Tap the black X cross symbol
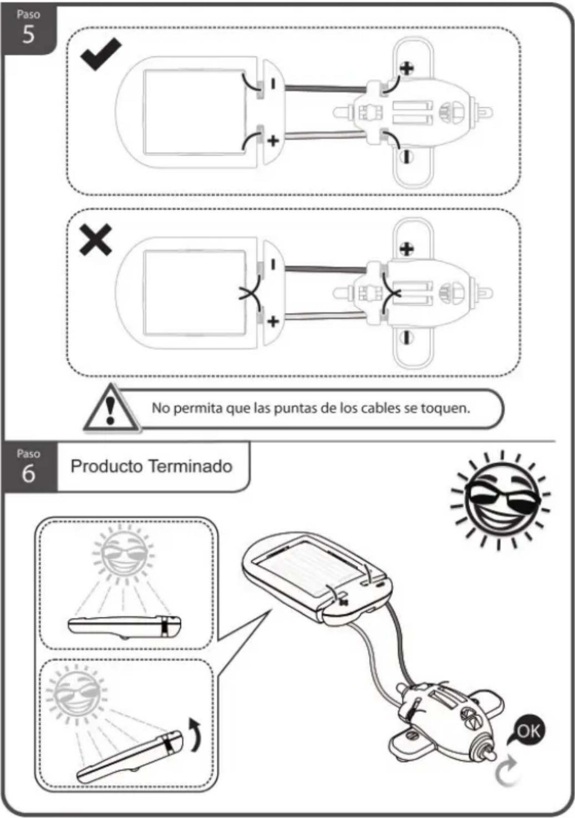tap(96, 239)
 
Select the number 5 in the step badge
tap(28, 34)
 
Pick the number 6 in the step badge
tap(28, 474)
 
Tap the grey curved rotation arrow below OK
tap(505, 772)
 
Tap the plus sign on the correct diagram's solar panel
tap(273, 141)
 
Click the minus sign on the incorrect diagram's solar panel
tap(273, 264)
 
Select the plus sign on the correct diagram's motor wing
tap(407, 68)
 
